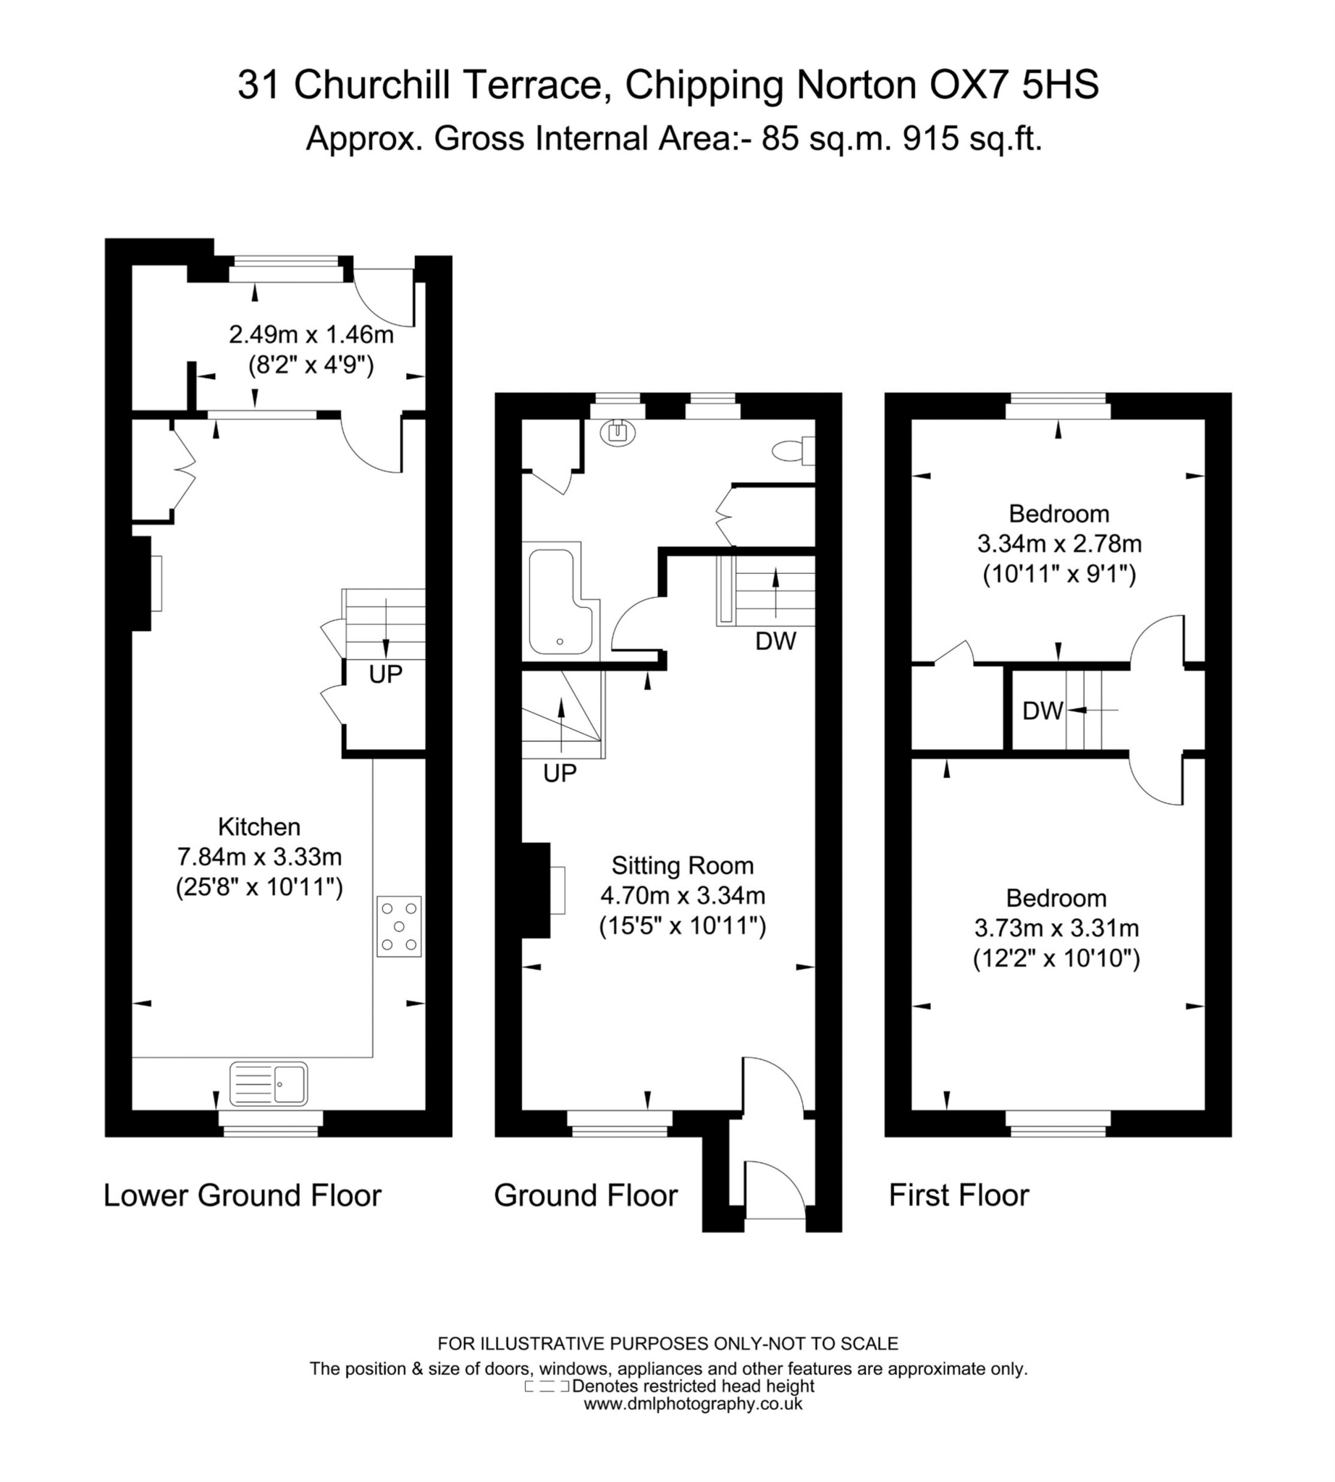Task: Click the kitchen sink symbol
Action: tap(269, 1083)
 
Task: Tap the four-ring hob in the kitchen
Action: tap(399, 926)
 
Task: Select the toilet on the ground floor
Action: tap(791, 451)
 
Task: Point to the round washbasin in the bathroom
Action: tap(618, 433)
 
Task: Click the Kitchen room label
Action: tap(259, 826)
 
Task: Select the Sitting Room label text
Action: tap(682, 865)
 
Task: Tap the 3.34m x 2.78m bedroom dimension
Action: tap(1058, 543)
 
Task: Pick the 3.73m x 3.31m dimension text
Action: tap(1056, 928)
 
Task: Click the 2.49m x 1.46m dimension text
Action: tap(311, 335)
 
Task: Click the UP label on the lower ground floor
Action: tap(385, 674)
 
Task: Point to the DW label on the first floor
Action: tap(1043, 710)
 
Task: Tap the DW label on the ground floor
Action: tap(775, 641)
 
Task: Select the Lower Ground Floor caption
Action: tap(242, 1195)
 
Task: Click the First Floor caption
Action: tap(959, 1195)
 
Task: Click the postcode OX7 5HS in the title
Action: tap(1014, 85)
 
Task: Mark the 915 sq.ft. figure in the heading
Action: tap(972, 139)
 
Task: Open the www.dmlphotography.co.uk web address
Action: tap(692, 1404)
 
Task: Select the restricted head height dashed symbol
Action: tap(547, 1386)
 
